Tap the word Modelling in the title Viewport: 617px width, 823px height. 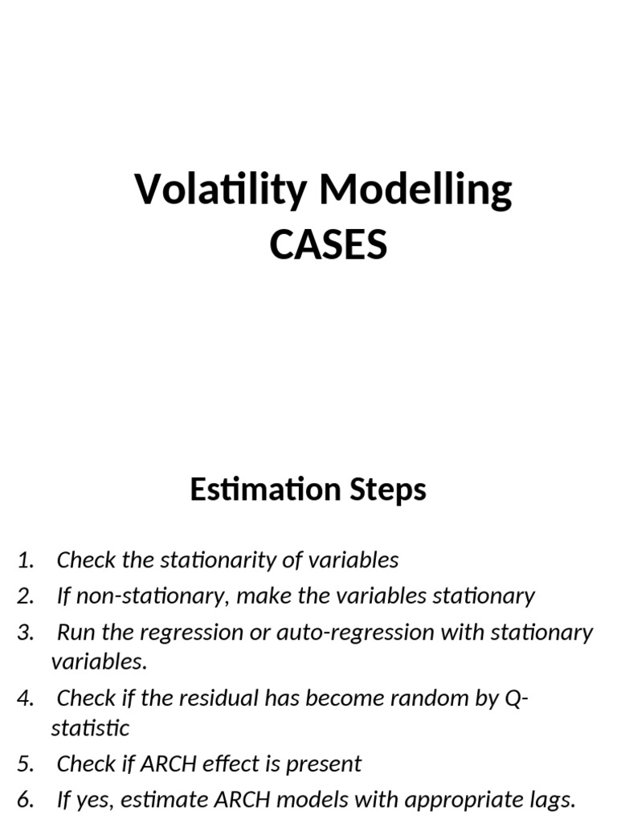point(415,190)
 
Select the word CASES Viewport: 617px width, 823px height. point(328,244)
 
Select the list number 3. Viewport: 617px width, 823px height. point(25,632)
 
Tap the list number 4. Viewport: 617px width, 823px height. point(25,698)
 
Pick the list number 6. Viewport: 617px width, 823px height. point(25,800)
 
